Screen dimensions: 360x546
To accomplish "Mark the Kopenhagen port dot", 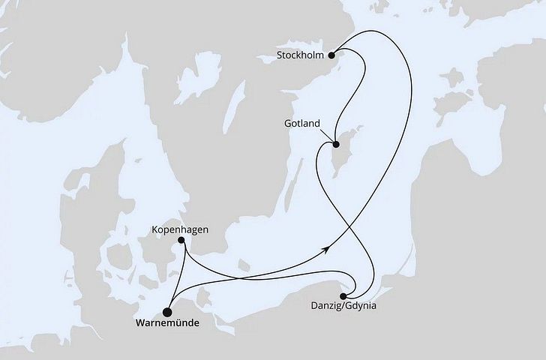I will [x=180, y=241].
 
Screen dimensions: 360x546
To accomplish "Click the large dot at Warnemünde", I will [x=168, y=313].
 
